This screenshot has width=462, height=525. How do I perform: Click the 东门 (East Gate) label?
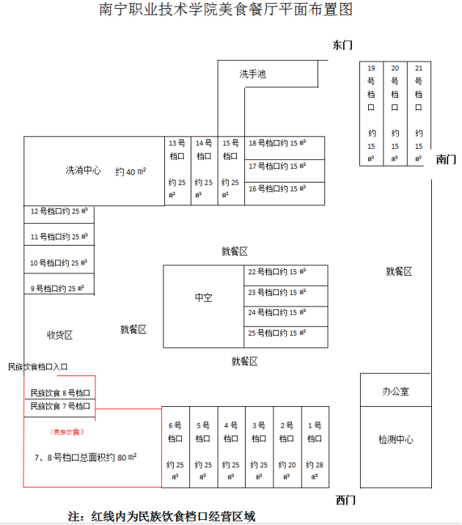click(342, 45)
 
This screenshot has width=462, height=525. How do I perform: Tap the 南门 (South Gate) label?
click(446, 159)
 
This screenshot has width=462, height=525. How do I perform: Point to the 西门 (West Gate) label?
click(345, 500)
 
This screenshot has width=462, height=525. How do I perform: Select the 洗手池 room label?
click(252, 74)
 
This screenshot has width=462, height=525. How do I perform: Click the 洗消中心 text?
click(84, 171)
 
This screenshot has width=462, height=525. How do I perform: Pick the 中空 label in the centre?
click(203, 298)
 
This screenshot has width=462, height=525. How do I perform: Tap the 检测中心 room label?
click(395, 439)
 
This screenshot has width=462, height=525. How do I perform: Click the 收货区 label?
click(60, 335)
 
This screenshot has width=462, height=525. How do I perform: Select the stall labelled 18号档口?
click(277, 143)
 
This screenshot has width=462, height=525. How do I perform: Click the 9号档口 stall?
click(58, 288)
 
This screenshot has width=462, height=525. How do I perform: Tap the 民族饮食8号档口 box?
click(60, 392)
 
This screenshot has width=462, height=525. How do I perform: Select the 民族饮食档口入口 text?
click(48, 366)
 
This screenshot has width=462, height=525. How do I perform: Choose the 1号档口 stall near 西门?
click(315, 447)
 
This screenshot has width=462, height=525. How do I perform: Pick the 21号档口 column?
click(419, 112)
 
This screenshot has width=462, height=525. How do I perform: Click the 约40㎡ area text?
click(131, 172)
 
